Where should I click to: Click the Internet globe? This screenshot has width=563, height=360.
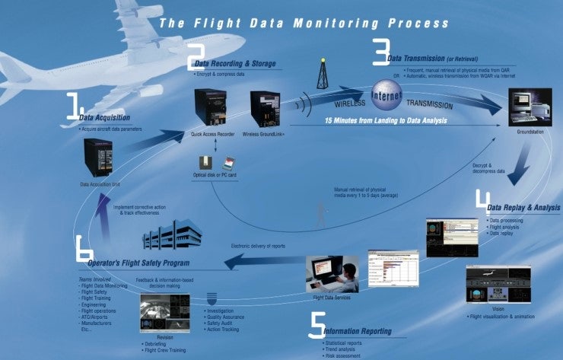point(386,96)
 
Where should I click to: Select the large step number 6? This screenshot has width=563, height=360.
point(84,255)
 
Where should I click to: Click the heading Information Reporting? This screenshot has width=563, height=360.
point(358,332)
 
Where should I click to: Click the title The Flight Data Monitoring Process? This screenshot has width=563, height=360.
point(304,24)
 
